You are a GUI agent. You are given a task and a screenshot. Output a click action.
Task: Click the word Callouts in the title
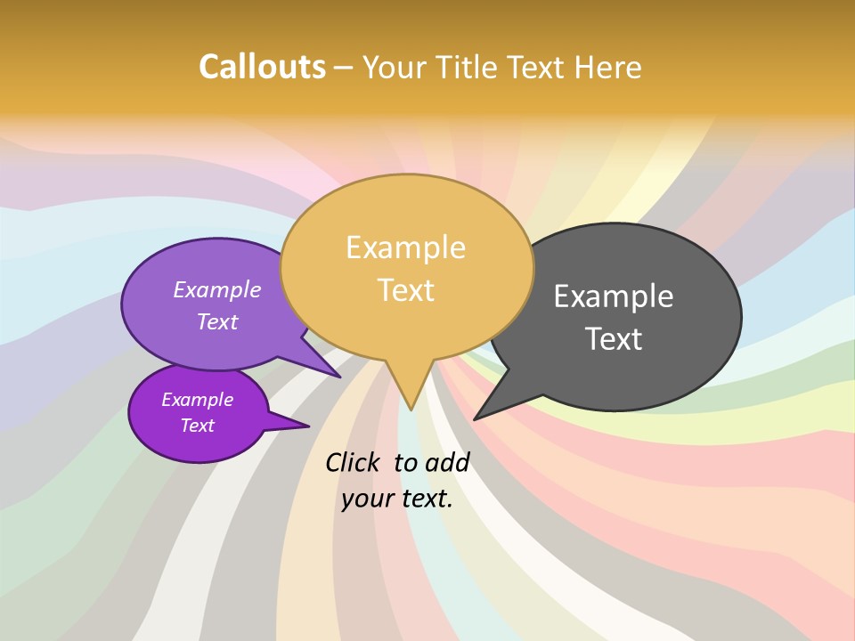point(262,67)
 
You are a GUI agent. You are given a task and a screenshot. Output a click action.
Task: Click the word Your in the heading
point(398,67)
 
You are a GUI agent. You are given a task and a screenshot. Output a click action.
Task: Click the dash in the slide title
point(344,68)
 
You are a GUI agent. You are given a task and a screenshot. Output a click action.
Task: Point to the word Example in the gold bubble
point(405,247)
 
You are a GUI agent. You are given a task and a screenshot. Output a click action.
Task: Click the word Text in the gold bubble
point(405,290)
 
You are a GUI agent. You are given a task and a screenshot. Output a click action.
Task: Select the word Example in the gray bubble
point(613,296)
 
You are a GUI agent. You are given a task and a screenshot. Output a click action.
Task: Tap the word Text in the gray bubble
point(613,339)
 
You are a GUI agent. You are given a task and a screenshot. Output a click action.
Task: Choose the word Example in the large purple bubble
point(217,290)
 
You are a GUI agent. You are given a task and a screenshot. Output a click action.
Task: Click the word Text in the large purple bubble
point(217,322)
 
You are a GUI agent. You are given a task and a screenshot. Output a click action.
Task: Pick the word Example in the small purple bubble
point(197,400)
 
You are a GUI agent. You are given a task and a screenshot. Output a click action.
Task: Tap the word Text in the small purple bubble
point(197,426)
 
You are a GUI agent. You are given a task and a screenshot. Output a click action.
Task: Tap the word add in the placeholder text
point(447,462)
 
